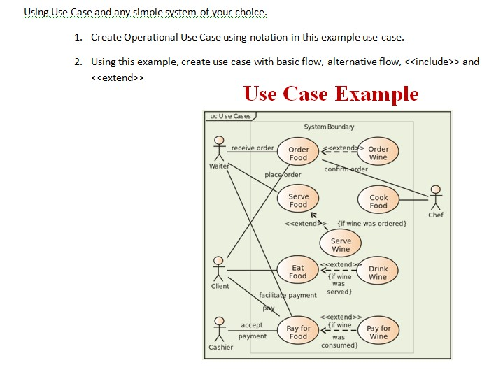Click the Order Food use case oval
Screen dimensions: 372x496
(299, 153)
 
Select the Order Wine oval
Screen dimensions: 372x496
(378, 152)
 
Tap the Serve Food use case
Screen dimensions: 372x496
(298, 201)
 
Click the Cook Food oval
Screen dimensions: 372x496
(378, 201)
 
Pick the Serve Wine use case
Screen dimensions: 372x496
(341, 245)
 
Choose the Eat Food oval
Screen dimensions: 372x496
(298, 271)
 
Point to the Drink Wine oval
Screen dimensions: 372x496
(378, 272)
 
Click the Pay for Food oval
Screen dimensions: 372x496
(298, 332)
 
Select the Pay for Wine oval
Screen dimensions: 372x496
(378, 332)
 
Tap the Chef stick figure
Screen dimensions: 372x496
(436, 197)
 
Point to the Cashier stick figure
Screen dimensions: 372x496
(219, 329)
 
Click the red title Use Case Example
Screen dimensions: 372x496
(331, 94)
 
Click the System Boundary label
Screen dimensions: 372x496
(329, 127)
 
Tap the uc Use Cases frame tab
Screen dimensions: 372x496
(230, 116)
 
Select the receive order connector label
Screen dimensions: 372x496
(253, 148)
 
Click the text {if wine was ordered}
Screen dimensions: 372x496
(371, 224)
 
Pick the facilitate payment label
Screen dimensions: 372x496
(288, 295)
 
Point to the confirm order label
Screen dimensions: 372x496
(346, 169)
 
